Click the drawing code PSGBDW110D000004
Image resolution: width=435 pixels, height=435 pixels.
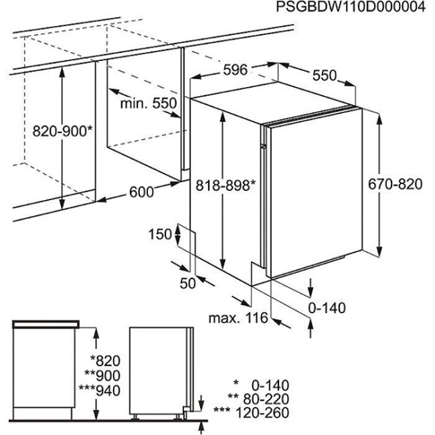[x=351, y=7]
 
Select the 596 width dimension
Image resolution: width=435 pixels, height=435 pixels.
[x=236, y=70]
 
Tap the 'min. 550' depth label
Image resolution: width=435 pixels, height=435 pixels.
[x=149, y=103]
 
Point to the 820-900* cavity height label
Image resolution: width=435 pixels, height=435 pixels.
[x=62, y=131]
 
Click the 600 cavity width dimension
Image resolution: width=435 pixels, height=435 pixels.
[x=141, y=191]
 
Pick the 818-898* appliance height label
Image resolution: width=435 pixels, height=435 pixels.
[x=226, y=185]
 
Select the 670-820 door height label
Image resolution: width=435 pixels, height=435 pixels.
[x=395, y=183]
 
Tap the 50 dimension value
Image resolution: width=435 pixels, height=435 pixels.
[x=188, y=283]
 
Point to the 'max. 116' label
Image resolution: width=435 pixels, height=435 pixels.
[x=238, y=318]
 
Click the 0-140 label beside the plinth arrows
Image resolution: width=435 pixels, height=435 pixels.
[x=327, y=308]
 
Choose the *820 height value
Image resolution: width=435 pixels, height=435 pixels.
[x=106, y=361]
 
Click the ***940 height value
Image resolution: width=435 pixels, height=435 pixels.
[x=100, y=390]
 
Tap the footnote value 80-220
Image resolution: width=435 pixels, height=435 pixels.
[x=266, y=399]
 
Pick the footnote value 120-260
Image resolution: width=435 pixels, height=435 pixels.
[x=262, y=412]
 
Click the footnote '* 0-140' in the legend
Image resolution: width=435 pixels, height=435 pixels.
[x=261, y=385]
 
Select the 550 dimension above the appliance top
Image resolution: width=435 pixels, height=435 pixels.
[x=325, y=75]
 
